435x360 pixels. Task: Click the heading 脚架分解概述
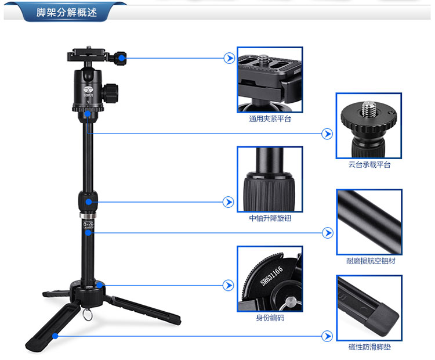point(67,12)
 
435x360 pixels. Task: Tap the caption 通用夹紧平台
point(270,119)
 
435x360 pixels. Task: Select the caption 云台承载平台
point(369,165)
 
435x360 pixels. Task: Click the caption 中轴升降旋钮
point(270,218)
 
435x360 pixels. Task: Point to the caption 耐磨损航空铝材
point(371,261)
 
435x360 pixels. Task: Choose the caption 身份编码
point(270,318)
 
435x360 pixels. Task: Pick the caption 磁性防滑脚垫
point(369,347)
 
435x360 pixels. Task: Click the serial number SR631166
point(271,276)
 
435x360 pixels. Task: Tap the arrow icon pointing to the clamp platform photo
point(229,58)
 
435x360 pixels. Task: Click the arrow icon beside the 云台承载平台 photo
point(327,134)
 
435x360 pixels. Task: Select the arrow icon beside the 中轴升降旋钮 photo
point(229,202)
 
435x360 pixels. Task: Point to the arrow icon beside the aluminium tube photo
point(328,233)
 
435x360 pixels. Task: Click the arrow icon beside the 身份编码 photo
point(229,285)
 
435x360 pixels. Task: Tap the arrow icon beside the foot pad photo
point(327,336)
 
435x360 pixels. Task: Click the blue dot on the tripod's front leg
point(55,336)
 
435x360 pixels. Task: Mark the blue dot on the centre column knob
point(89,202)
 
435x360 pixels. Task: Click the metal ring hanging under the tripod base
point(88,315)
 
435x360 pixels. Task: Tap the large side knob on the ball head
point(110,93)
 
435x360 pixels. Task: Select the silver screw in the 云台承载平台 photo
point(369,109)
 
